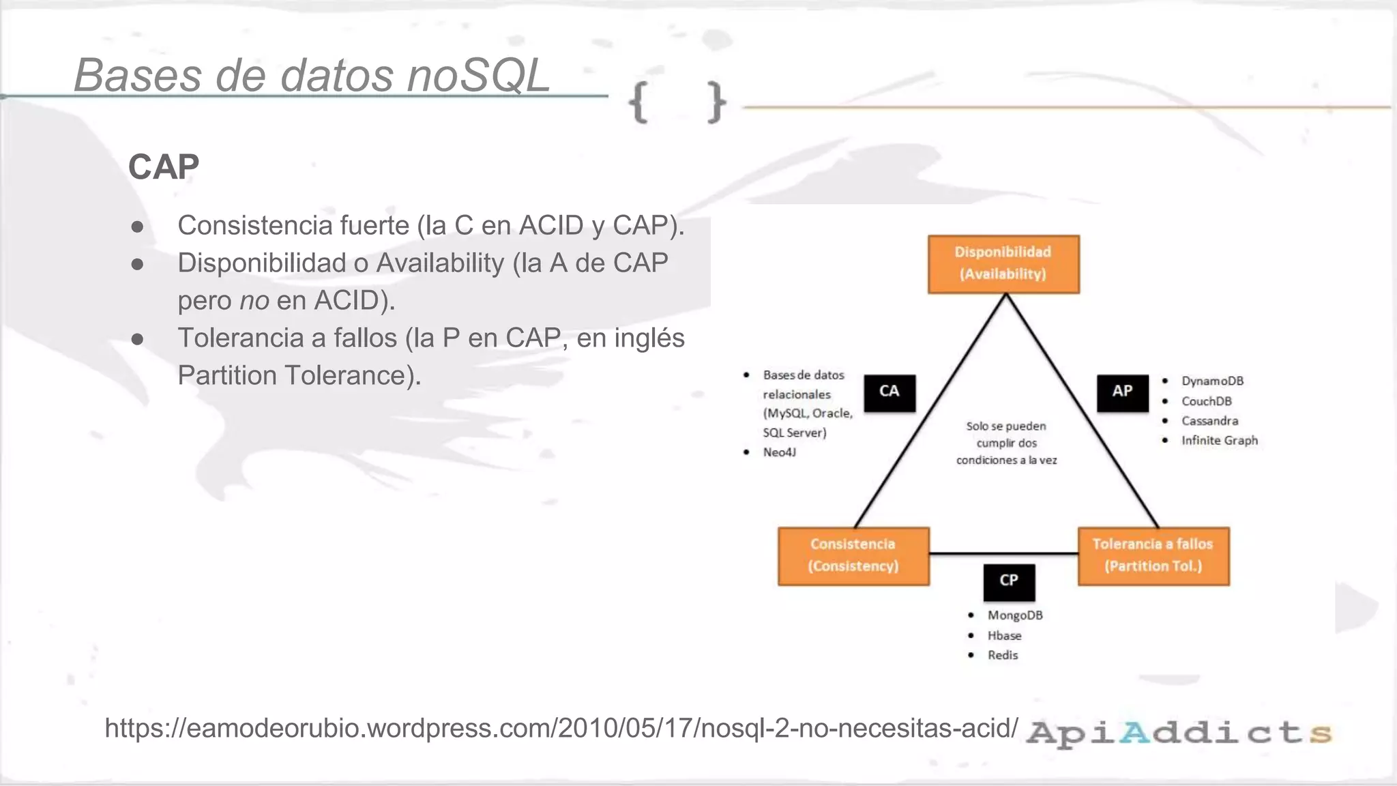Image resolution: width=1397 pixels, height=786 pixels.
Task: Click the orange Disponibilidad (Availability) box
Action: click(1003, 264)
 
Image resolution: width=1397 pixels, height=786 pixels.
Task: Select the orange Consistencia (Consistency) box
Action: click(853, 555)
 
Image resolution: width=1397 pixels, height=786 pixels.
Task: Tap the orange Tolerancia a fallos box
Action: click(1153, 555)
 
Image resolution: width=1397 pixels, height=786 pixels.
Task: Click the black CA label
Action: click(889, 392)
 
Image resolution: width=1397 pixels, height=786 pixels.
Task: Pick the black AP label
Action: click(1122, 392)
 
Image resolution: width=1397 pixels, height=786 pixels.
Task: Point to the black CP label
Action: click(1009, 581)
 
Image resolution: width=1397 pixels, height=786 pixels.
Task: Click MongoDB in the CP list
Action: click(1014, 615)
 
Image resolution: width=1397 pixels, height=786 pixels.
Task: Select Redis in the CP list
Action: click(1002, 655)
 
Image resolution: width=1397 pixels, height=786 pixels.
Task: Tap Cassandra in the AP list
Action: click(1209, 421)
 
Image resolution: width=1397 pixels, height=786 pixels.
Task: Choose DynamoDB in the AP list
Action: click(1212, 381)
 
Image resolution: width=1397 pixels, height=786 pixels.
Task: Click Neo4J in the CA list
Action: click(779, 452)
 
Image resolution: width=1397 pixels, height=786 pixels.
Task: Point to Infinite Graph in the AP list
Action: click(1219, 441)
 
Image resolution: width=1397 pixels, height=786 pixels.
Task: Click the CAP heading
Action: click(164, 167)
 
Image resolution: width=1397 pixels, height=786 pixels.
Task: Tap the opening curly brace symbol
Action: click(638, 103)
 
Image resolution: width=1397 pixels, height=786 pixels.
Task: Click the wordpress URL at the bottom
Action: click(561, 728)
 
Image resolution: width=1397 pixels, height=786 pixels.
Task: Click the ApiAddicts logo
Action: click(1179, 732)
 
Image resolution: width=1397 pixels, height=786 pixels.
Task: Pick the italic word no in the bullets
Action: click(254, 301)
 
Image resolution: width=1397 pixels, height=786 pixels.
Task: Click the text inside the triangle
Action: click(1006, 443)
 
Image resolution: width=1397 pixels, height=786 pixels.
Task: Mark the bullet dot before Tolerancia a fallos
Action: click(137, 339)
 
